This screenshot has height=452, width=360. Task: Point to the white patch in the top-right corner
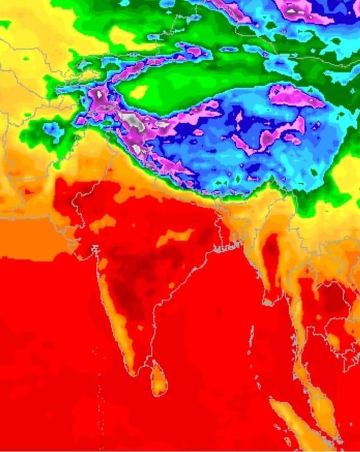(x=293, y=10)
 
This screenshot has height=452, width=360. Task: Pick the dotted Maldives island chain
(x=100, y=408)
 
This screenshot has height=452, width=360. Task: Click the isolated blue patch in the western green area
(x=53, y=129)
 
